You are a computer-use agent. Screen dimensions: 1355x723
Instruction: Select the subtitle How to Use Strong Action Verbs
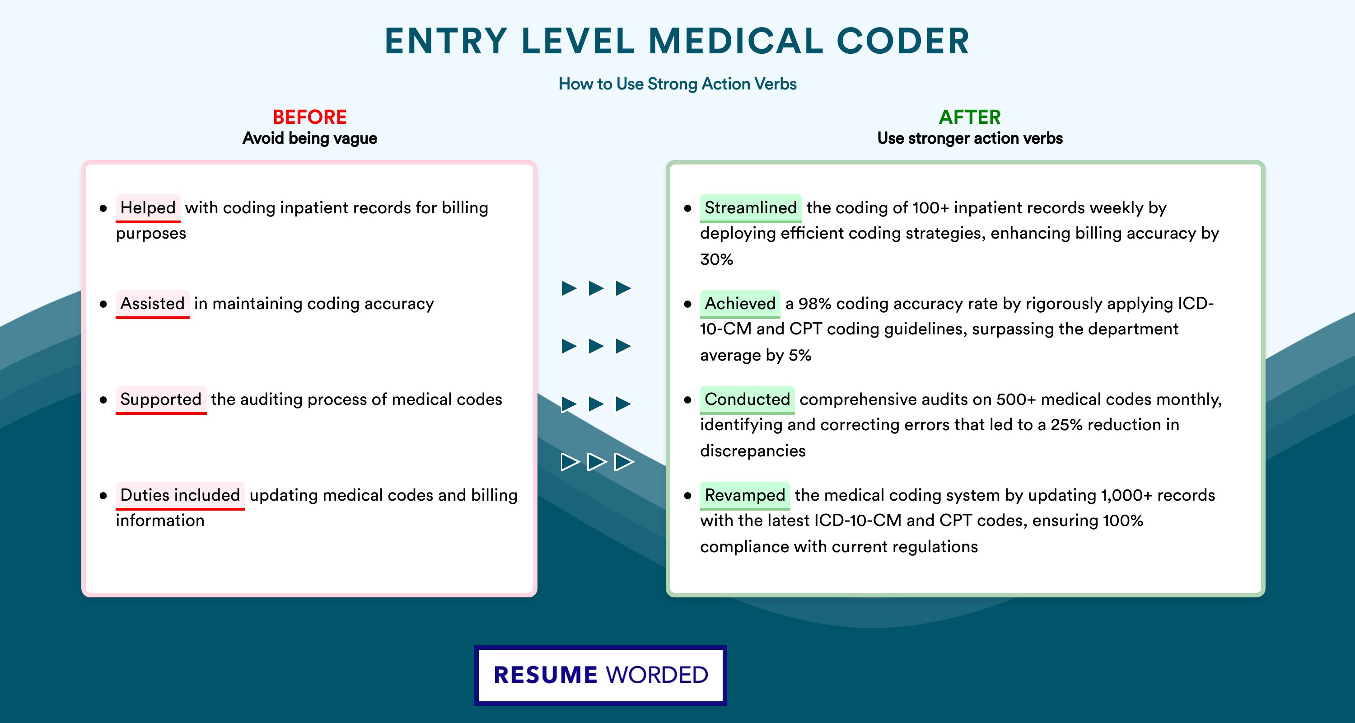[677, 84]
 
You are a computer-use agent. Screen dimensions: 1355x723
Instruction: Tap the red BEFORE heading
[310, 117]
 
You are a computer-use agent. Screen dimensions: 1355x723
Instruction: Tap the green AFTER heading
[970, 117]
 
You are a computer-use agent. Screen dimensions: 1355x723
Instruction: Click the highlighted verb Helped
[148, 208]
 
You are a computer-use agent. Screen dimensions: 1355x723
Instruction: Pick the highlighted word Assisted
[153, 304]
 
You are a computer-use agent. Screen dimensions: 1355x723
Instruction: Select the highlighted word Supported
[161, 399]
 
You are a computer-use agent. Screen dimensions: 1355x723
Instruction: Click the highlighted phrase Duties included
[180, 495]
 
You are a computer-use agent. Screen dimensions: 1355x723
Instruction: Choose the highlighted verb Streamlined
[751, 208]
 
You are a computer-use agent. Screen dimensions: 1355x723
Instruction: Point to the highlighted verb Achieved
[740, 304]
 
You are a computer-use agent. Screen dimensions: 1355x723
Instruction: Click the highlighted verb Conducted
[748, 399]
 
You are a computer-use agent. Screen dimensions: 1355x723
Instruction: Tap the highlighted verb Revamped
[745, 495]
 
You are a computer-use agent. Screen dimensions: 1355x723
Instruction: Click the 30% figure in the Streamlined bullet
[716, 259]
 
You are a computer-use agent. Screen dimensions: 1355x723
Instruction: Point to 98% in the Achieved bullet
[815, 304]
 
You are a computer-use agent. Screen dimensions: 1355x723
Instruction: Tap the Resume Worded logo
[601, 675]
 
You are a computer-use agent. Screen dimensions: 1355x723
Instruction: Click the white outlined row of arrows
[597, 462]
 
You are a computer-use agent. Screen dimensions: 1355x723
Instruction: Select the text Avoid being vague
[310, 138]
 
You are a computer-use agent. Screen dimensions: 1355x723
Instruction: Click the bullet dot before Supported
[103, 400]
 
